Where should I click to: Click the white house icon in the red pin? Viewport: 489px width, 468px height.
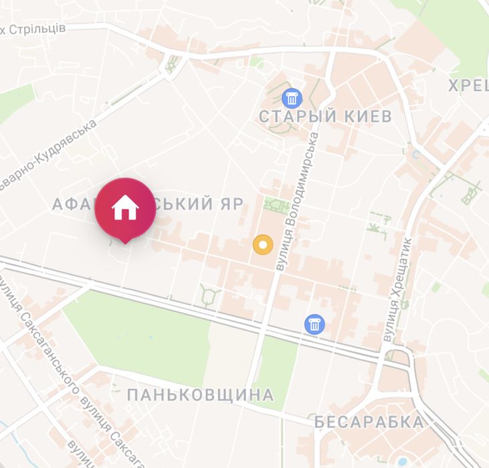pyautogui.click(x=125, y=208)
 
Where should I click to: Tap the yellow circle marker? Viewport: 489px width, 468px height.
pyautogui.click(x=263, y=245)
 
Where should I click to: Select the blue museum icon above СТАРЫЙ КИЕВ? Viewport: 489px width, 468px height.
pyautogui.click(x=291, y=98)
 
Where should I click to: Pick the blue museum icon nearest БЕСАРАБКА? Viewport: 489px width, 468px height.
pyautogui.click(x=314, y=324)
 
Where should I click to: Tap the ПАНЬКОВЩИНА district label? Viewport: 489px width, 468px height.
pyautogui.click(x=200, y=395)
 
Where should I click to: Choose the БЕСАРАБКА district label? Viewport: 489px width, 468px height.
pyautogui.click(x=369, y=422)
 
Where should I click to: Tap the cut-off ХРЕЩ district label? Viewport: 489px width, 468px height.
pyautogui.click(x=468, y=85)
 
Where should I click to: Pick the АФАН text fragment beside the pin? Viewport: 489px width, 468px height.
pyautogui.click(x=74, y=204)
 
